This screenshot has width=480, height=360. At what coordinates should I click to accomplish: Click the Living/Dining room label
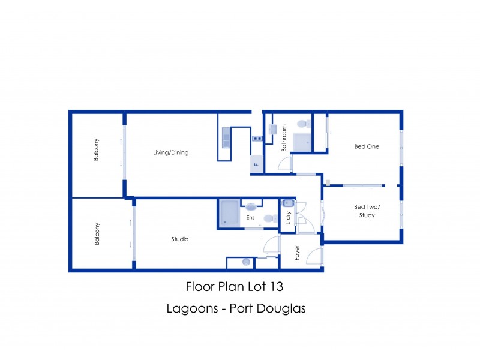click(171, 152)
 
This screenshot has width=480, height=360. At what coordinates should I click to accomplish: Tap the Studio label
click(180, 239)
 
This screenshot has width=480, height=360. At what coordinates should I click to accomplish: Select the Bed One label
click(367, 146)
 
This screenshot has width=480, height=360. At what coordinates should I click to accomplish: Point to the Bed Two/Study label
click(366, 211)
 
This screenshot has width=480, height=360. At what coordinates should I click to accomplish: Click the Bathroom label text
click(284, 137)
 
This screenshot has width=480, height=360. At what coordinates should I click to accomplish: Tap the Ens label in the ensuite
click(250, 218)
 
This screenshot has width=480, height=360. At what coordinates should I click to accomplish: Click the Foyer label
click(296, 253)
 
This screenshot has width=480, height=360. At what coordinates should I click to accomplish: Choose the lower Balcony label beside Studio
click(96, 233)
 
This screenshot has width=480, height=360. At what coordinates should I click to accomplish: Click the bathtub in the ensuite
click(229, 214)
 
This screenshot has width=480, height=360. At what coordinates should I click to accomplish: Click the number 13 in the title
click(277, 287)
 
